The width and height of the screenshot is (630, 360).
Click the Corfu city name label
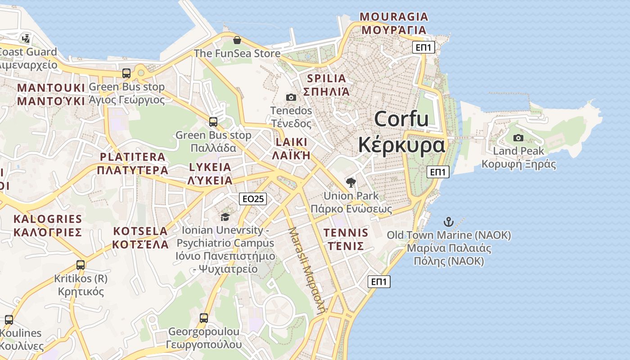tap(401, 132)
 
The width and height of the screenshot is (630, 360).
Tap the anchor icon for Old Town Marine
tap(448, 221)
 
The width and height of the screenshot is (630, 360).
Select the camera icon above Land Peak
tap(518, 138)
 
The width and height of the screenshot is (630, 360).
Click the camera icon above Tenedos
tap(291, 97)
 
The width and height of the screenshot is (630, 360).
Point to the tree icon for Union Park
tap(351, 182)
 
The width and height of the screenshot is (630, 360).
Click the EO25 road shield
tap(253, 198)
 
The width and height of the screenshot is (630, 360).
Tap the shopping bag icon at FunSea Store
tap(237, 40)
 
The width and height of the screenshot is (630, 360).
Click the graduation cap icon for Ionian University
tap(225, 217)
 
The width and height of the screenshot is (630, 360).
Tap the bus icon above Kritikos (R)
tap(81, 265)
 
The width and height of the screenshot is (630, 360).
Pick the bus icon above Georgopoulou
tap(204, 318)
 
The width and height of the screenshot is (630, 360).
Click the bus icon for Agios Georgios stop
tap(126, 73)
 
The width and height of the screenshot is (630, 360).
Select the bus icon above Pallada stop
tap(213, 121)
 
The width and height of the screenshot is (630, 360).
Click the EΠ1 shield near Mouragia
tap(423, 47)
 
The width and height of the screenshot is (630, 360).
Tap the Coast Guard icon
tap(27, 38)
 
